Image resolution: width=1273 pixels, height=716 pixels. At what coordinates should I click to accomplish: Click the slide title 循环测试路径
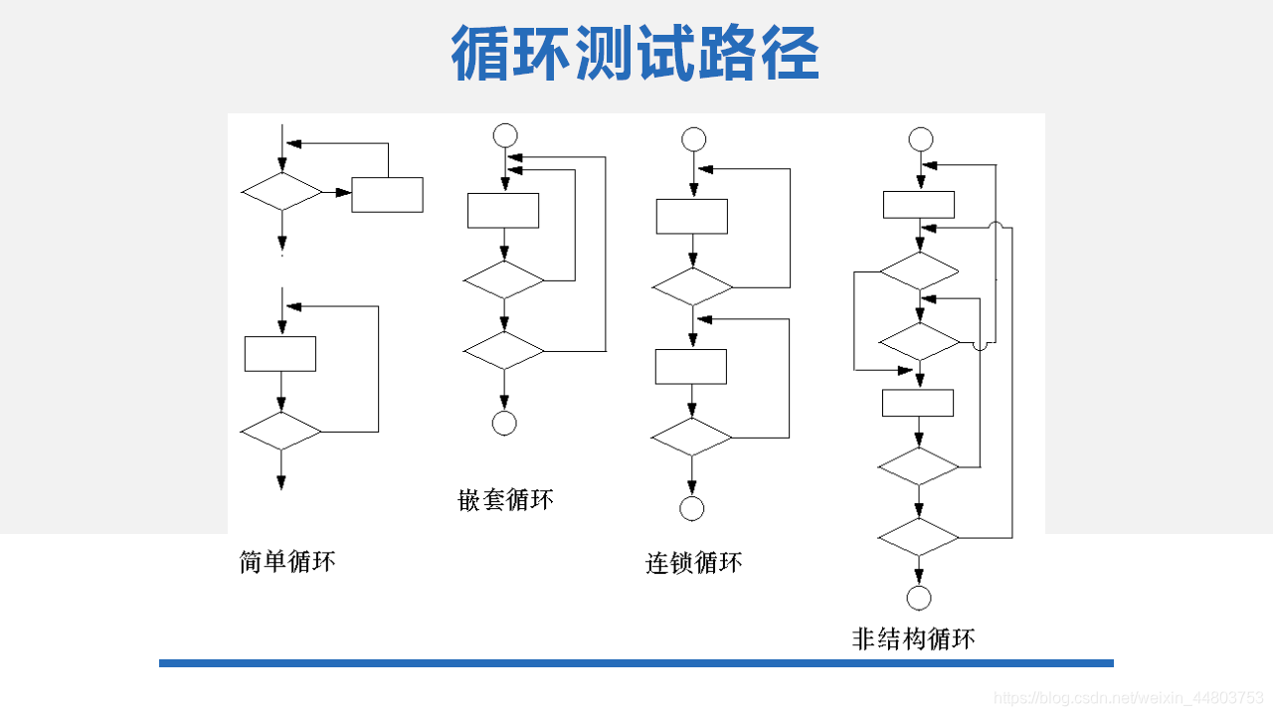coord(635,54)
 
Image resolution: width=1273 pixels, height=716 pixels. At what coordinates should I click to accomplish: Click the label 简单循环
coord(287,562)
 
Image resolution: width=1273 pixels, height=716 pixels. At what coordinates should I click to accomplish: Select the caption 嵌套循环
coord(505,499)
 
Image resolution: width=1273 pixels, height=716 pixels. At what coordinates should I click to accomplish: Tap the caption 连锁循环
coord(693,564)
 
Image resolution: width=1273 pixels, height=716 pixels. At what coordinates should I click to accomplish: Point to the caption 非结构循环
coord(913,638)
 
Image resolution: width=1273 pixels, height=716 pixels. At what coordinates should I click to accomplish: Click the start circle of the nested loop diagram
coord(505,135)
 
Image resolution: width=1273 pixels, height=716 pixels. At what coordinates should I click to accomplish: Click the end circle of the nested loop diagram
coord(504,423)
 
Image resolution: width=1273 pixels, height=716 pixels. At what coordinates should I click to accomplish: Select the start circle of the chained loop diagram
coord(693,139)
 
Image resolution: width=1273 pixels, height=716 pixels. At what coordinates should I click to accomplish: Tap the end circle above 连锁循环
coord(692,508)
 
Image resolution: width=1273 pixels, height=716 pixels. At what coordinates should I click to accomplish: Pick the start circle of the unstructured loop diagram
coord(921,139)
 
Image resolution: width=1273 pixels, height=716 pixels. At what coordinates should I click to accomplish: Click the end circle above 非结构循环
coord(919,598)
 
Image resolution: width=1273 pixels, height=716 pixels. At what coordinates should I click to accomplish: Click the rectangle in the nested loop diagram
coord(503,210)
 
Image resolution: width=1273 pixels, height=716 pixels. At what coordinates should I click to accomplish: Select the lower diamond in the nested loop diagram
coord(504,351)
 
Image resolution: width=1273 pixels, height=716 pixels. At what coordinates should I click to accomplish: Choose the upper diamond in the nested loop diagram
coord(504,280)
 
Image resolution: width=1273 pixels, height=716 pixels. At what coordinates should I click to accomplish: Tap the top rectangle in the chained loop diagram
coord(692,216)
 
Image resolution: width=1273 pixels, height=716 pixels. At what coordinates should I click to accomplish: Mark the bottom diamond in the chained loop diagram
coord(692,437)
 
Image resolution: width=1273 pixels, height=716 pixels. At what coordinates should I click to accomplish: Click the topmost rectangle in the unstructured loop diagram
coord(919,204)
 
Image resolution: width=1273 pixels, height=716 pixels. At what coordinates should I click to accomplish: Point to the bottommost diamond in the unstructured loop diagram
coord(919,537)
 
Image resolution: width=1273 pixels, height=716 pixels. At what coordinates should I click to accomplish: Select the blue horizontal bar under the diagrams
coord(636,662)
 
